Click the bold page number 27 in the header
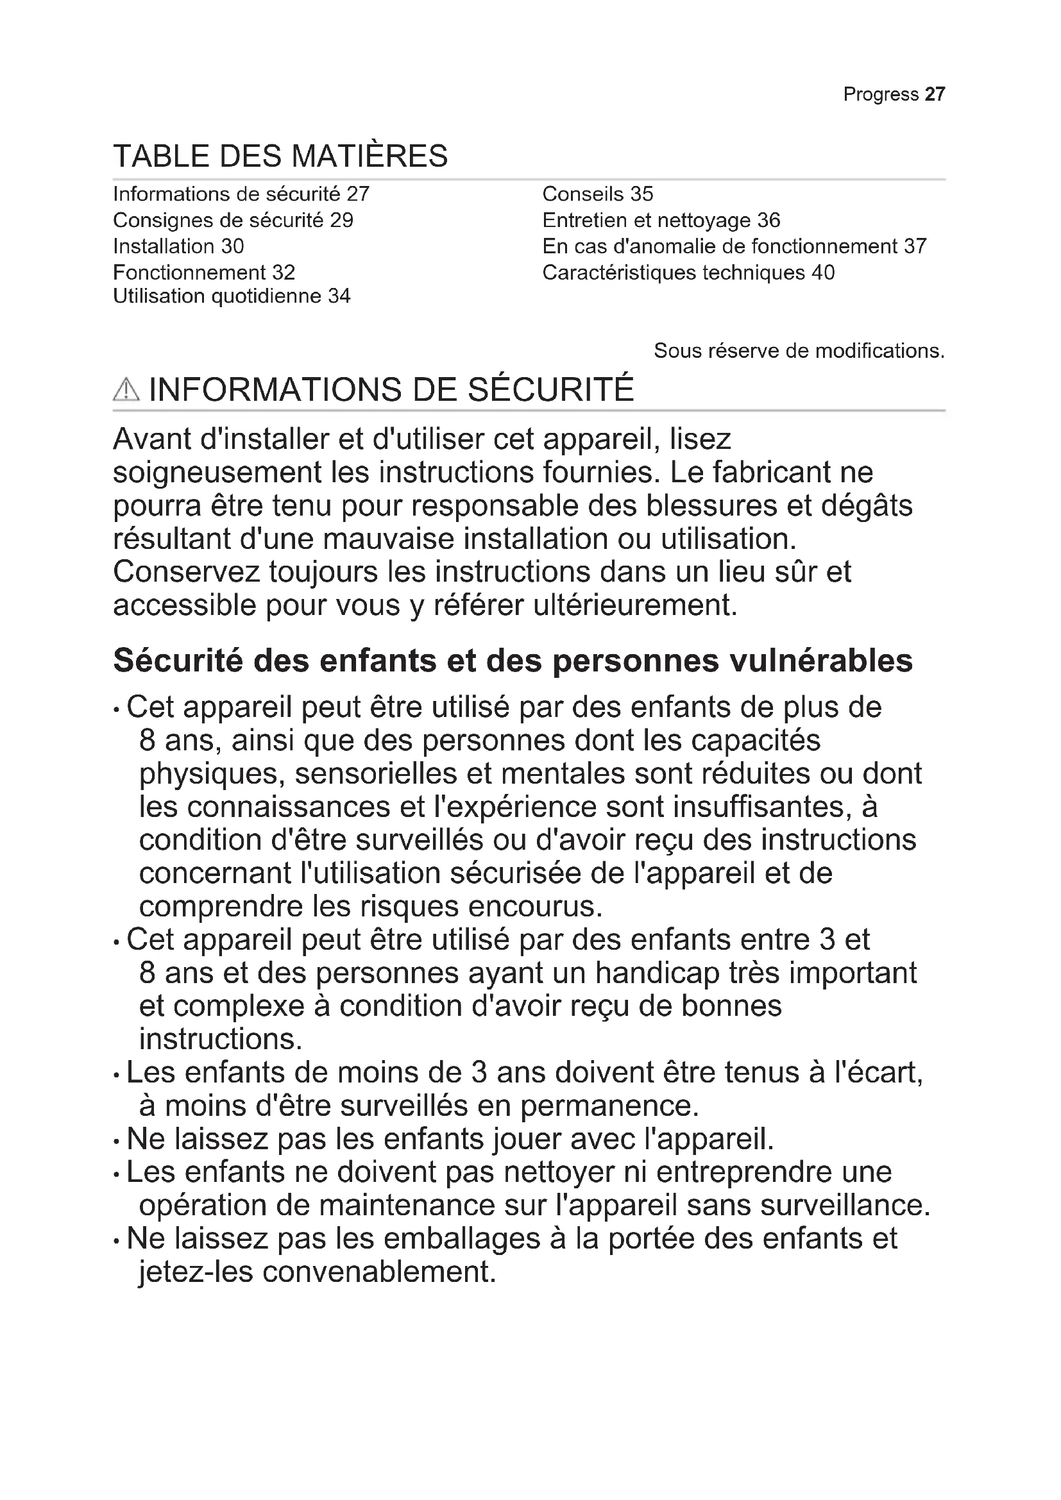[x=935, y=94]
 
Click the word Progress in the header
[x=881, y=94]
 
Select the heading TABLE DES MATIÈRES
[x=280, y=156]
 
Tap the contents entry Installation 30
[x=178, y=246]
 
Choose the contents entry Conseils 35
[x=597, y=194]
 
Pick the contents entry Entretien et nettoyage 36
[x=661, y=220]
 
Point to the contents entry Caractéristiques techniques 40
[x=688, y=273]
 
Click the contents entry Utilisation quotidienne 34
[x=232, y=296]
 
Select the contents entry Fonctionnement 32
[x=204, y=273]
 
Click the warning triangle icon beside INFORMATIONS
[x=126, y=390]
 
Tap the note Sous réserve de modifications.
[x=799, y=351]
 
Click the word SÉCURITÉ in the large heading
[x=551, y=389]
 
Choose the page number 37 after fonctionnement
[x=915, y=246]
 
